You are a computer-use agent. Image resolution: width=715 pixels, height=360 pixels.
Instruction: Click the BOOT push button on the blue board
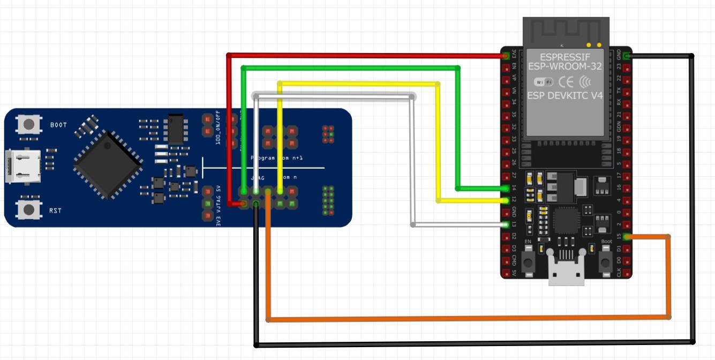point(29,125)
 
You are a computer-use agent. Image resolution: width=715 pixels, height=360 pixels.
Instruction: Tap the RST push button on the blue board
point(29,209)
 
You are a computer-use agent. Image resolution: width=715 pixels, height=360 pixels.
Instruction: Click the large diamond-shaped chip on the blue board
point(108,164)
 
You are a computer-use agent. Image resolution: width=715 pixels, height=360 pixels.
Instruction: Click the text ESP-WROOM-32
point(565,66)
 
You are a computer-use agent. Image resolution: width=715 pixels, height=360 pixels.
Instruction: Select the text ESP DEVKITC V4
point(565,95)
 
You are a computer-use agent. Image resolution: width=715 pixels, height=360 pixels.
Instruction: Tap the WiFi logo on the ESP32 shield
point(544,82)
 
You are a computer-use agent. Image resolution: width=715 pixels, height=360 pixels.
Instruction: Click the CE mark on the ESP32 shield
point(566,82)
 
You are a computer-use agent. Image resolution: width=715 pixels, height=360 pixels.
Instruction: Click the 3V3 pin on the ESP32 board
point(506,55)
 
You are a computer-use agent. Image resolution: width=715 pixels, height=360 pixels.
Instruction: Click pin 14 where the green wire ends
point(506,189)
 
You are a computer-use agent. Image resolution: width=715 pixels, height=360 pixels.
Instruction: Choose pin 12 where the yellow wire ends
point(506,200)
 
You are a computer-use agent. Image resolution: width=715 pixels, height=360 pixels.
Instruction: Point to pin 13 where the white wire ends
point(506,224)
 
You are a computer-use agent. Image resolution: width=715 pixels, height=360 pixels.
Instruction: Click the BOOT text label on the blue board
point(58,125)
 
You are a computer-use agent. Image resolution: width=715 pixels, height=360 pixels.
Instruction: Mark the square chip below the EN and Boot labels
point(566,220)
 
